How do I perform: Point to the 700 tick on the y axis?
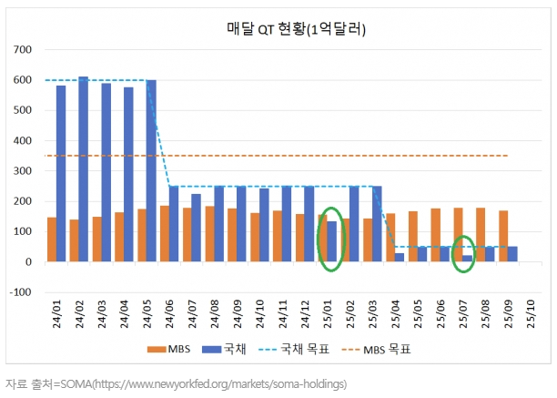[x=22, y=51]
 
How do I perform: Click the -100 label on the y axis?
[x=19, y=292]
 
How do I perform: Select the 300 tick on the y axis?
[x=22, y=171]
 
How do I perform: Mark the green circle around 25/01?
[x=330, y=240]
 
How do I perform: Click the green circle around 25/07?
[x=464, y=254]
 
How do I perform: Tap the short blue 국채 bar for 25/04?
[x=400, y=258]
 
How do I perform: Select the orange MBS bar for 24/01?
[x=51, y=240]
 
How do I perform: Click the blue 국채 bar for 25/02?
[x=354, y=224]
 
